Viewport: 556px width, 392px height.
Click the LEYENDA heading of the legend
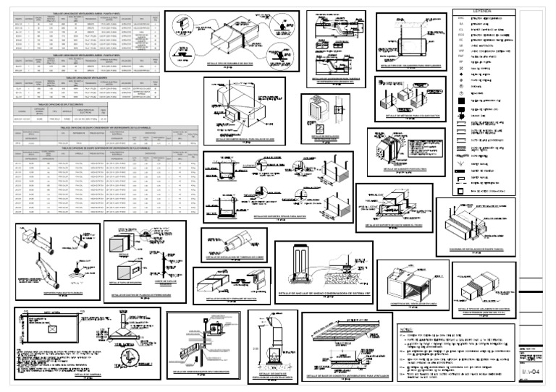[482, 11]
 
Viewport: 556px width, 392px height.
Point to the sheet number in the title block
[531, 371]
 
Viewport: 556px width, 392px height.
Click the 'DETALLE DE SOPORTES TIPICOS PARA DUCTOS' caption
[277, 216]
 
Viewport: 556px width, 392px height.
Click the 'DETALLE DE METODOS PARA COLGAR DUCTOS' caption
[409, 115]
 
